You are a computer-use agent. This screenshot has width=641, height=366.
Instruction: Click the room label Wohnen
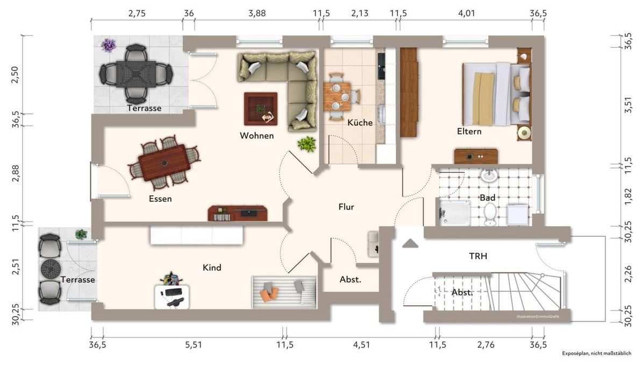pos(257,136)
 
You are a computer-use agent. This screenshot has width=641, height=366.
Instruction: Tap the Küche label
pos(360,122)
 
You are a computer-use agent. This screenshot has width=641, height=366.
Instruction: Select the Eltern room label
pos(469,131)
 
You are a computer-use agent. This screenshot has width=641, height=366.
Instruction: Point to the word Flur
pos(346,207)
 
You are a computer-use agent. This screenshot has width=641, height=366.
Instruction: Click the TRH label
pos(478,256)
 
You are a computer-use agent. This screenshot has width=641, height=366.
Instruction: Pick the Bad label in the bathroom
pos(487,198)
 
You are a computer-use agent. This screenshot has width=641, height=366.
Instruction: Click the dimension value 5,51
pos(194,344)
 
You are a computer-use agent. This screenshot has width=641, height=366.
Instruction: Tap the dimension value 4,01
pos(466,13)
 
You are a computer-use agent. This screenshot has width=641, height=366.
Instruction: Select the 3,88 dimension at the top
pos(257,13)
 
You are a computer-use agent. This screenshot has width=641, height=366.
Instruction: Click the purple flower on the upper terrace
pos(108,45)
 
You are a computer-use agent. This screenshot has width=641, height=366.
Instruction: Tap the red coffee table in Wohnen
pos(261,109)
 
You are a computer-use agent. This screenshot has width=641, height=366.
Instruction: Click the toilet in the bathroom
pos(490,215)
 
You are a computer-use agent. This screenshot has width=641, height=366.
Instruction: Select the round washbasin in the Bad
pos(488,175)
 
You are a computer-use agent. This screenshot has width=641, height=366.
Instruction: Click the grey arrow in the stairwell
pos(410,244)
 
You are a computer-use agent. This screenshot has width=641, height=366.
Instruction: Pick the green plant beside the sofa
pos(307,144)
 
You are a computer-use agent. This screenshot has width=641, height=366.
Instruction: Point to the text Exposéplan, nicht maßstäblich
pos(596,353)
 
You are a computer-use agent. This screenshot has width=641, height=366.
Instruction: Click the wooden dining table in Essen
pos(164,163)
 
